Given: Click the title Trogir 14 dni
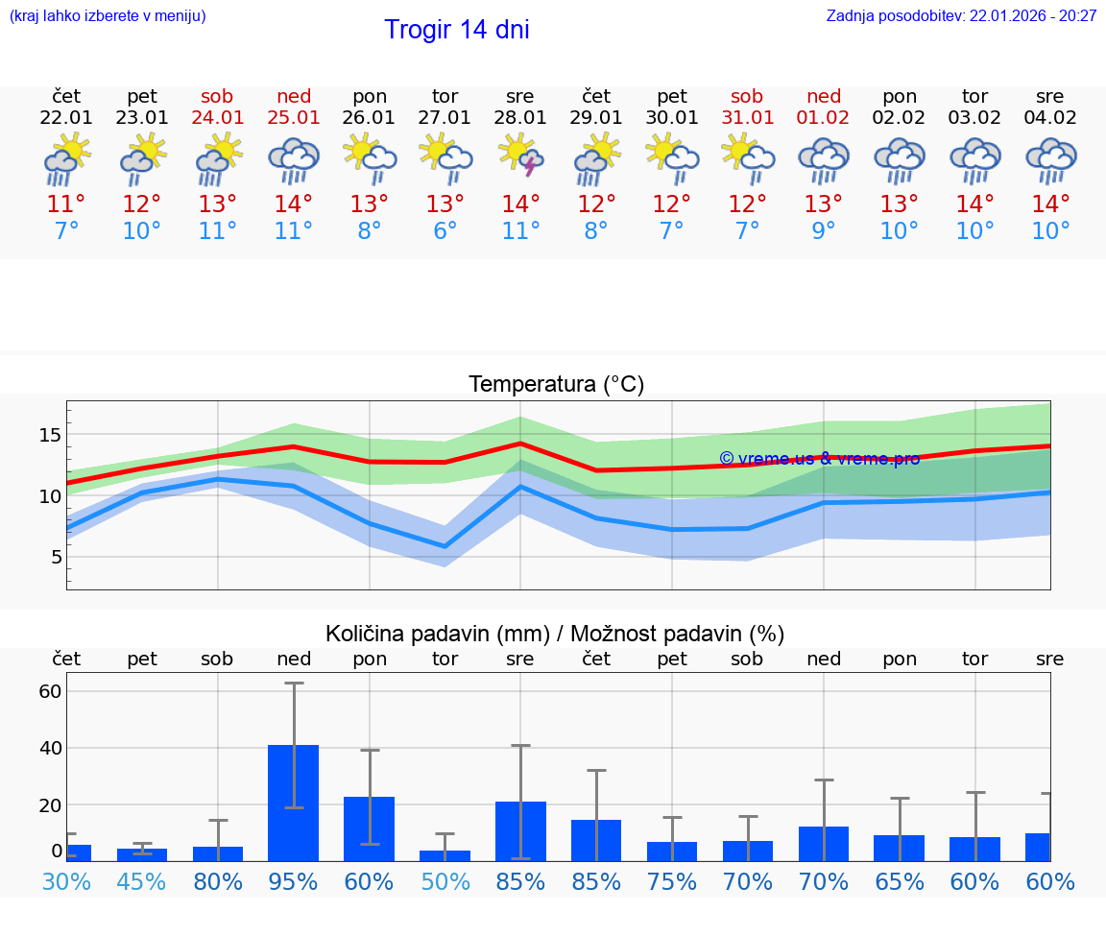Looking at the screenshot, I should tap(456, 30).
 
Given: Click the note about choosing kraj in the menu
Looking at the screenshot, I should tap(107, 16).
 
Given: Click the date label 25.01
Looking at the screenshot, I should tap(294, 118).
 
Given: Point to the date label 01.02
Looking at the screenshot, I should tap(823, 118).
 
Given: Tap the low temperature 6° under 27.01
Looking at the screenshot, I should tap(445, 230).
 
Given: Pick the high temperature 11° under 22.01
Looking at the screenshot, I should tap(66, 204).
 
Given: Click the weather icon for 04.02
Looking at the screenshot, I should tap(1050, 158).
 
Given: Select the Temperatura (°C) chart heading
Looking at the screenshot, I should tap(556, 385).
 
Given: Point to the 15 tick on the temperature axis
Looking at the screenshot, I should tap(49, 435).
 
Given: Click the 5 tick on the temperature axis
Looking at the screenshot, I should tap(55, 557).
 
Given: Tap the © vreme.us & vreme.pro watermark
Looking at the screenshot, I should tap(819, 459).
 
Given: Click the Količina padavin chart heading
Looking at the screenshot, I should tap(555, 634).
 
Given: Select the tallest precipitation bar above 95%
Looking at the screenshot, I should tap(293, 803).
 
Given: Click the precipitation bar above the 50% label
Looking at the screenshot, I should tap(445, 855).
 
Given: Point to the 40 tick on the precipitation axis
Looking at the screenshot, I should tap(50, 748).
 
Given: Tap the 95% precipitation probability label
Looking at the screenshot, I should tap(293, 881).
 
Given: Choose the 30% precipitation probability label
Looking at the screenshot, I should tap(66, 881).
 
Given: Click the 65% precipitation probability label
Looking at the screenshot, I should tap(899, 881).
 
